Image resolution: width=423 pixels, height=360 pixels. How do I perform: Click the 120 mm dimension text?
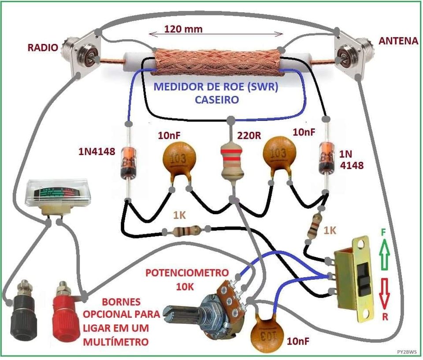(x=183, y=29)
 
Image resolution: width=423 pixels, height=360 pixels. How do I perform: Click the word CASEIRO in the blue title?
(x=217, y=100)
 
